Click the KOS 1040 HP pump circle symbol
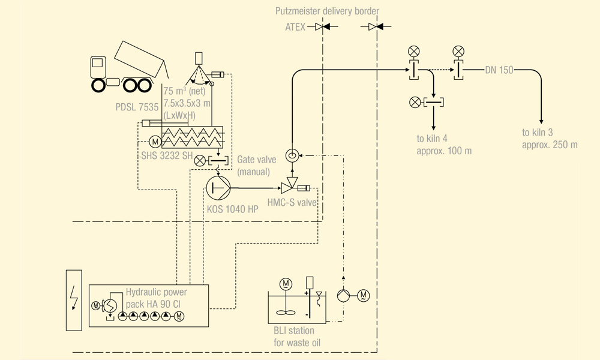(x=217, y=188)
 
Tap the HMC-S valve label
(x=292, y=203)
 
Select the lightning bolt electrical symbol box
(x=73, y=299)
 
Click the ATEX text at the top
(x=295, y=27)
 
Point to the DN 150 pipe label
(x=499, y=70)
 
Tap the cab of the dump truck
(x=99, y=67)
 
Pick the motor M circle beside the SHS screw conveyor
(x=154, y=142)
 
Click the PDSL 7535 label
(x=137, y=107)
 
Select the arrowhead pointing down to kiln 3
(x=541, y=121)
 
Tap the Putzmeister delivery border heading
(x=327, y=11)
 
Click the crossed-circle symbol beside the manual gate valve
(x=200, y=160)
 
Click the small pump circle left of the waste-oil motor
(x=343, y=295)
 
